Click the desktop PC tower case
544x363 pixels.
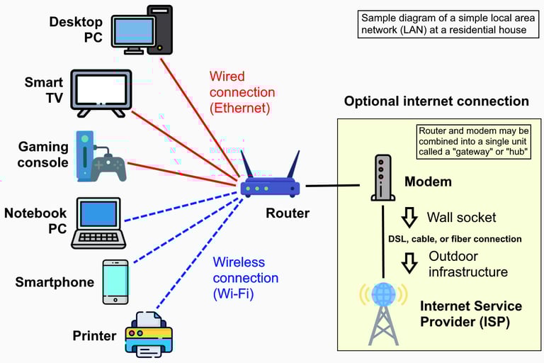[x=160, y=30]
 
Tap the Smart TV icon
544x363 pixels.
[x=101, y=93]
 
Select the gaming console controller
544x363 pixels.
[x=109, y=168]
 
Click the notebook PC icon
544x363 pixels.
[x=98, y=223]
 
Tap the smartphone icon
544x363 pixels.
[x=115, y=282]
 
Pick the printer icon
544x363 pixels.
[x=149, y=335]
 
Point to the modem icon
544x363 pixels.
[x=382, y=177]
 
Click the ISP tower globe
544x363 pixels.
[x=383, y=294]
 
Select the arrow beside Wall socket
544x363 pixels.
[x=409, y=218]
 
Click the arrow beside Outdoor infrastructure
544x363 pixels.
[x=409, y=263]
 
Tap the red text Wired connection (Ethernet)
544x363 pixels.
[x=242, y=92]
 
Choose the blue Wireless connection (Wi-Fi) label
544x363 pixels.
[x=245, y=278]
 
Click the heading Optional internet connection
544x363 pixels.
[x=436, y=101]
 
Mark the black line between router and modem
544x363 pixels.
[x=332, y=186]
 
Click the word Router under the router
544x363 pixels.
[x=288, y=213]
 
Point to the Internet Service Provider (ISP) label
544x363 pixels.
[x=471, y=313]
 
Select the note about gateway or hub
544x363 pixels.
[x=474, y=141]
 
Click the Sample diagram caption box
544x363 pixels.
[x=448, y=24]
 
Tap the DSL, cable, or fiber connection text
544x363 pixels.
[x=455, y=239]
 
